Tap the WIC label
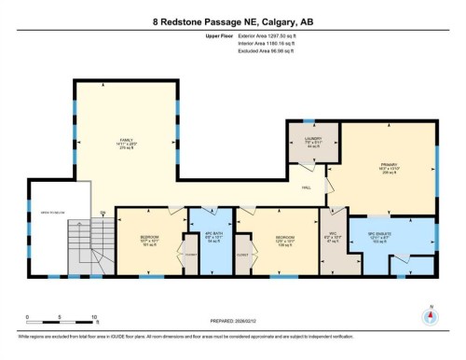coord(334,235)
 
